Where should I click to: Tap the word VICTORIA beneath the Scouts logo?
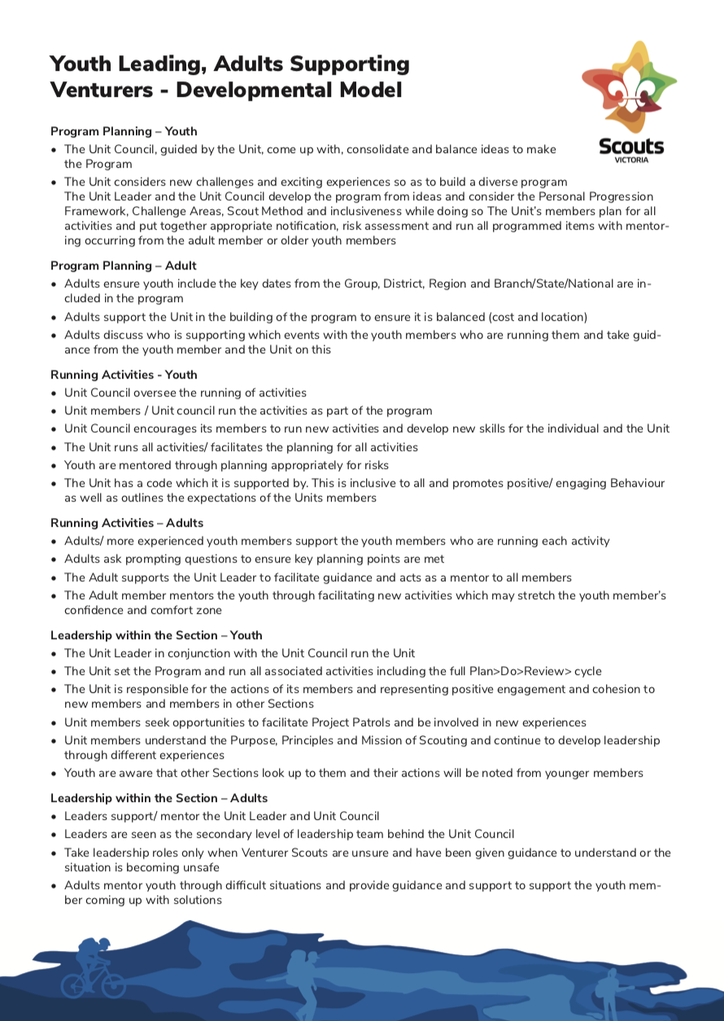click(x=631, y=160)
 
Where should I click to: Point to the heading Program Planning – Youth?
click(x=124, y=131)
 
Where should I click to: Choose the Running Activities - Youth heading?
click(x=124, y=375)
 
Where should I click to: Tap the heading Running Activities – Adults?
click(x=127, y=523)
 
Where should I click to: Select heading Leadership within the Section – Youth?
click(x=156, y=635)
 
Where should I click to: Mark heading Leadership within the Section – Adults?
click(x=159, y=798)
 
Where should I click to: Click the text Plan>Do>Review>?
click(x=521, y=671)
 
